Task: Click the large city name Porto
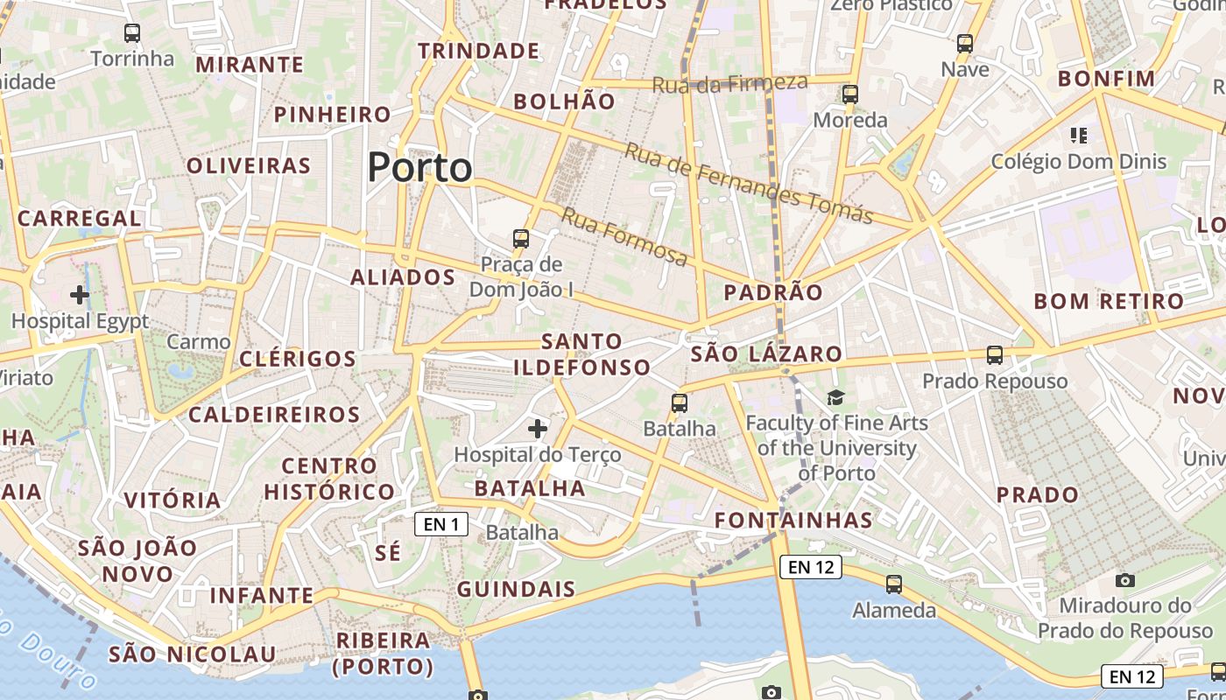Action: pos(419,166)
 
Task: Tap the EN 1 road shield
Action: pos(441,524)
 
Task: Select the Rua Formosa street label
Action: pos(624,236)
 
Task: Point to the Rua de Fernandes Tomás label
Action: pos(749,183)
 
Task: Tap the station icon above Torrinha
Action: pos(132,33)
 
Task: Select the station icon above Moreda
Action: pos(849,94)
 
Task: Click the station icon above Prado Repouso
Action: pos(995,354)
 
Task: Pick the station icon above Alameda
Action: pos(894,584)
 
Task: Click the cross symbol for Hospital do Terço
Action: pos(538,428)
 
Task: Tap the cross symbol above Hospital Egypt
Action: pos(80,294)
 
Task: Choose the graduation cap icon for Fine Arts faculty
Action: pos(835,398)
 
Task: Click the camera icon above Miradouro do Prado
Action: pos(1125,580)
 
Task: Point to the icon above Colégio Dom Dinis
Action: pos(1079,135)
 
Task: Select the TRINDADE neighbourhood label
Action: pos(478,51)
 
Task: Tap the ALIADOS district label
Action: pos(403,277)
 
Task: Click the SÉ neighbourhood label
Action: pos(388,553)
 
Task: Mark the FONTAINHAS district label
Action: pos(793,521)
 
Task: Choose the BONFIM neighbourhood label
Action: pos(1107,79)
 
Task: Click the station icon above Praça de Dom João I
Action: pos(521,238)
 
